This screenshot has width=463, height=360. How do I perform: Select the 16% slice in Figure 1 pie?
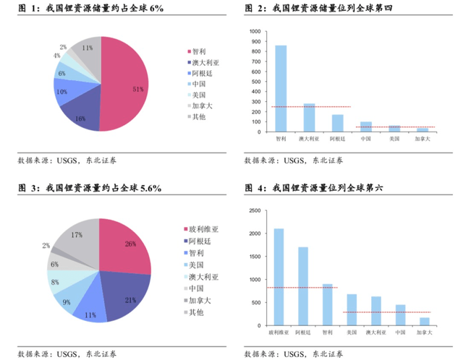81,115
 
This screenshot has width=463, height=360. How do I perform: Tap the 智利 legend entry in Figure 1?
197,51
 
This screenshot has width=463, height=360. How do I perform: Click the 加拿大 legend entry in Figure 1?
200,106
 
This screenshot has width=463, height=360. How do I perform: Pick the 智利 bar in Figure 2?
281,88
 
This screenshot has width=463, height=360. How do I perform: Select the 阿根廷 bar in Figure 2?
338,123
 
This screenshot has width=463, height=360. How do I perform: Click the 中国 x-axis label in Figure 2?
366,139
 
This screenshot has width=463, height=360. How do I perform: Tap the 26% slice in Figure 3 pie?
125,245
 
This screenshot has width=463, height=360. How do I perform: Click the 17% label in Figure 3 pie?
77,235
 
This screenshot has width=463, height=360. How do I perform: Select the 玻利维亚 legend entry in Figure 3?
201,229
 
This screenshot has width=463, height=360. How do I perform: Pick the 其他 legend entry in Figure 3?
194,312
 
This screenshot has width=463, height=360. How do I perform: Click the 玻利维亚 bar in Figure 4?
279,277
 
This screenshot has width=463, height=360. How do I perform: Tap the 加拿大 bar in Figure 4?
425,322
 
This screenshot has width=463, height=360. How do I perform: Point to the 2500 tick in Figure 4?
255,210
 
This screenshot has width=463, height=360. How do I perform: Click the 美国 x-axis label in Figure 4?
352,333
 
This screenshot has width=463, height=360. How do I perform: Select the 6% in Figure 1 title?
156,8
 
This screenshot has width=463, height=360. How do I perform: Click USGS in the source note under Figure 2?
294,160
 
